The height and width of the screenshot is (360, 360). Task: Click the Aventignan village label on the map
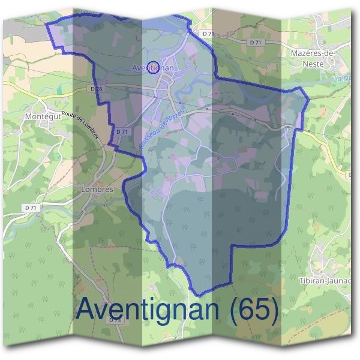tap(153, 68)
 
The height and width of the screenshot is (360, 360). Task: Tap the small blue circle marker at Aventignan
tap(153, 65)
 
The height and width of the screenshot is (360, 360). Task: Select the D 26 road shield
tap(95, 89)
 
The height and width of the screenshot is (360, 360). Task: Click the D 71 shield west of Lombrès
tap(32, 208)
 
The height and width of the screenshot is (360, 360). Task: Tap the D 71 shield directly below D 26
tap(122, 131)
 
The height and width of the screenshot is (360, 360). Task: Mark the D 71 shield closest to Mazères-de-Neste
tap(257, 42)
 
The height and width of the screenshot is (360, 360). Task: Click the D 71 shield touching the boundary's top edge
tap(208, 34)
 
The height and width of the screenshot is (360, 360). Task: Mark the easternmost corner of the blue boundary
tap(308, 96)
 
